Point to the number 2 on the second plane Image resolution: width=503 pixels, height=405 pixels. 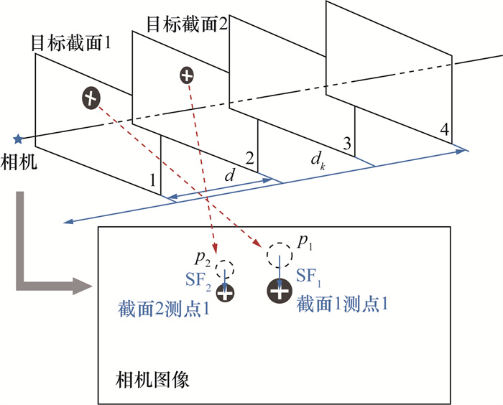[249, 158]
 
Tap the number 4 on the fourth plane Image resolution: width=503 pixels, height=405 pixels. [445, 130]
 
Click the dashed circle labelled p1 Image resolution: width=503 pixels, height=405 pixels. [279, 254]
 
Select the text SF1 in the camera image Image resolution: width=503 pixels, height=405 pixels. [308, 275]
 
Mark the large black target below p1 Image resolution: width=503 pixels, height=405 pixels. [280, 290]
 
